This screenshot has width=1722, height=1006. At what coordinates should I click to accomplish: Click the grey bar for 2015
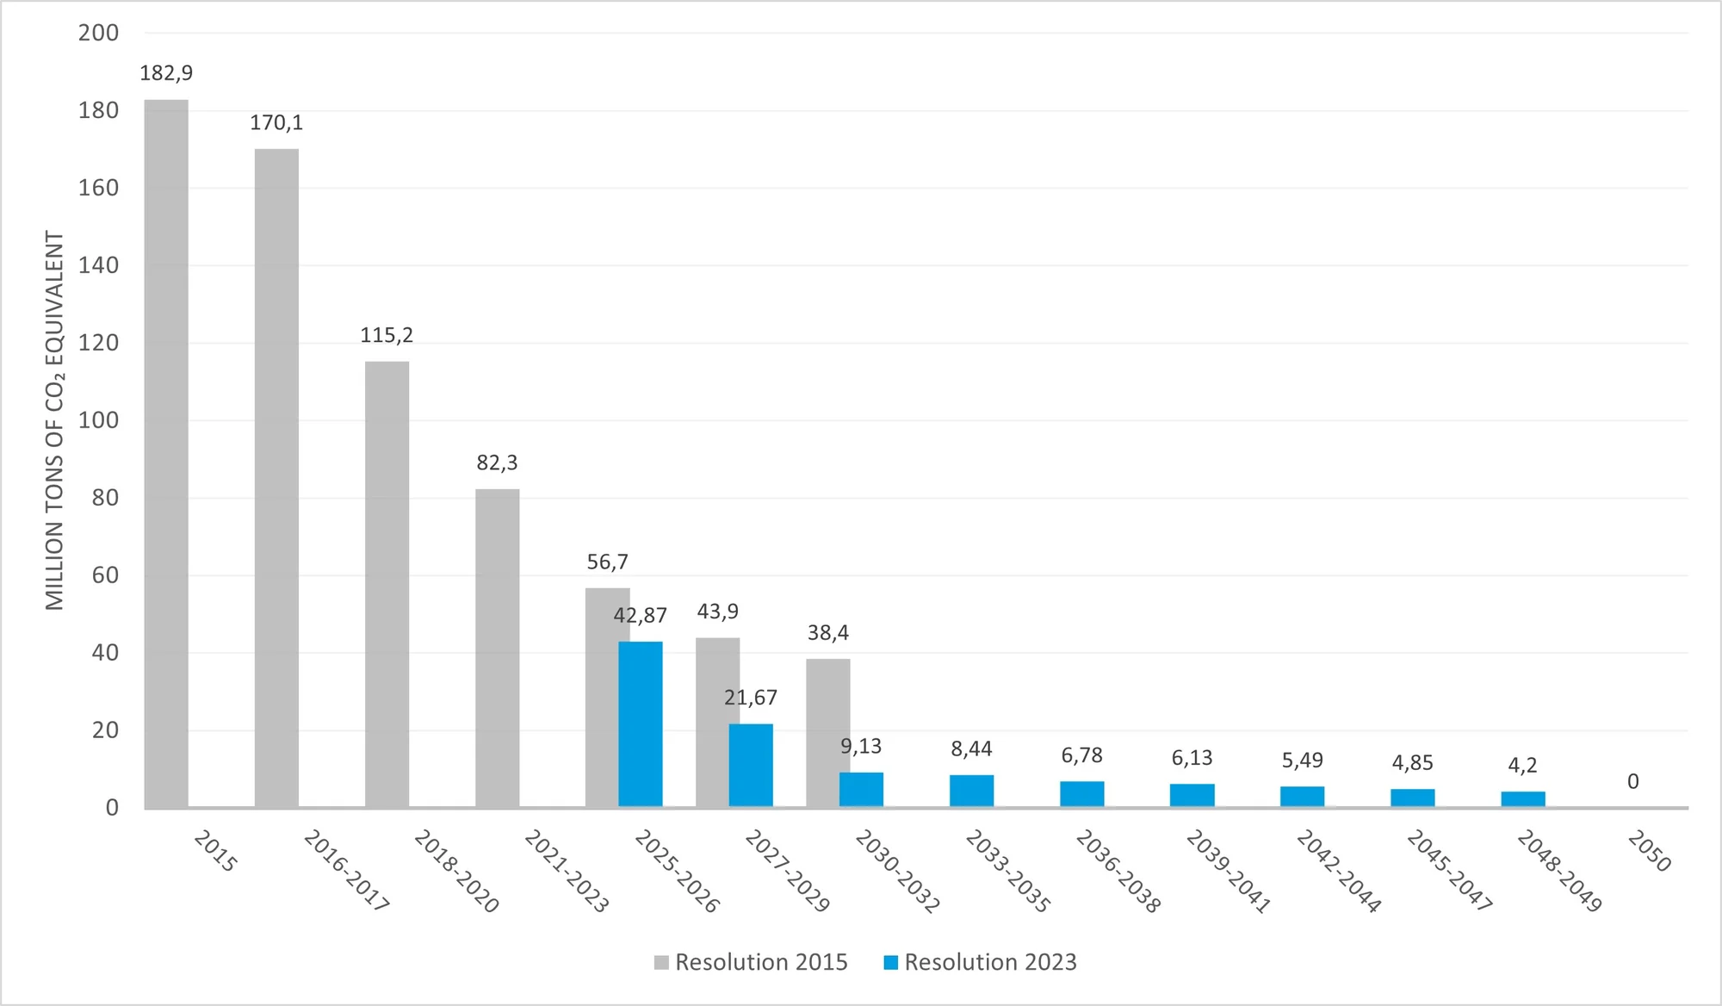pos(166,454)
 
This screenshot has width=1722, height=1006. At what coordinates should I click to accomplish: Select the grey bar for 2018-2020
pos(387,585)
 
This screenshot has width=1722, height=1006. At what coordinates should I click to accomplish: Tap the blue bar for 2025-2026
pos(641,724)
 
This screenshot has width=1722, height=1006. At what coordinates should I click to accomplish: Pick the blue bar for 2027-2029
pos(751,766)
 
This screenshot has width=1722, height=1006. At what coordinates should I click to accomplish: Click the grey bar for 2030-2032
pos(828,733)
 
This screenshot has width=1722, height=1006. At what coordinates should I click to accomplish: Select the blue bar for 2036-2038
pos(1082,794)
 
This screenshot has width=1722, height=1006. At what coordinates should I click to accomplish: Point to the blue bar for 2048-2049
pos(1523,799)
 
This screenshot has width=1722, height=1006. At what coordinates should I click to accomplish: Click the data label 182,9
pos(166,73)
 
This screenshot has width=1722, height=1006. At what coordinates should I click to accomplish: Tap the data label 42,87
pos(640,616)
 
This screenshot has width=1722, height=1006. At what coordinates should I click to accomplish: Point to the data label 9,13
pos(861,747)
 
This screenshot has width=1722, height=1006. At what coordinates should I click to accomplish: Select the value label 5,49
pos(1302,761)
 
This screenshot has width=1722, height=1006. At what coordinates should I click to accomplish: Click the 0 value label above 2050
pos(1633,782)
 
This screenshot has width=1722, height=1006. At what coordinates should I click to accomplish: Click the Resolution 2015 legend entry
pos(751,962)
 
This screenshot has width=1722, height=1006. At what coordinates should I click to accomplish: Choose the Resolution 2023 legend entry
pos(981,962)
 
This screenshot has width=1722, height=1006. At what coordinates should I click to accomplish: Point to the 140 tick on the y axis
pos(98,265)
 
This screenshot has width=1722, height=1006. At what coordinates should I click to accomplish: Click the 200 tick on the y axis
pos(98,33)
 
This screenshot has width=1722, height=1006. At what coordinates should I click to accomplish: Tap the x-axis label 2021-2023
pos(567,871)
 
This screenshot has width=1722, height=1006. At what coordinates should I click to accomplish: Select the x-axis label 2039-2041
pos(1229,871)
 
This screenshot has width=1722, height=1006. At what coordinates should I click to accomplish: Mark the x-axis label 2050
pos(1649,851)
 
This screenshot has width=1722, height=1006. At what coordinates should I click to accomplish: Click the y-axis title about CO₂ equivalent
pos(55,420)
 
